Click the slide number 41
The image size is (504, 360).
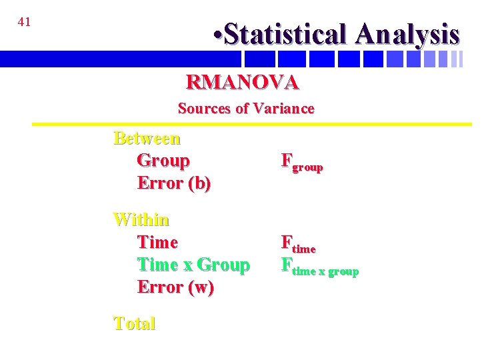[x=24, y=22]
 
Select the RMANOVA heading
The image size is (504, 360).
[x=243, y=82]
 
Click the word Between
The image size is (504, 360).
[x=147, y=138]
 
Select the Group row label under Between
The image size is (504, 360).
[x=163, y=161]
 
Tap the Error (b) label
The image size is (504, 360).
[x=174, y=183]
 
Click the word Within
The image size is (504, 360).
[x=141, y=219]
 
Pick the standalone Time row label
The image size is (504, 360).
[x=157, y=242]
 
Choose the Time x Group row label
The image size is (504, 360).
[x=193, y=265]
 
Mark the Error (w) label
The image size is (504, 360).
[x=175, y=287]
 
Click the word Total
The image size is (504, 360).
[x=134, y=323]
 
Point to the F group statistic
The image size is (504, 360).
[x=302, y=162]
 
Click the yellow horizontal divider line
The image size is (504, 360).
[x=252, y=124]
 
